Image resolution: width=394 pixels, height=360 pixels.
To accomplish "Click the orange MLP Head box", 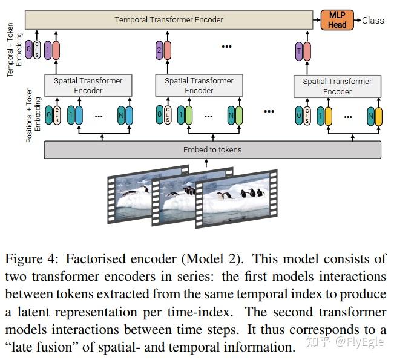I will pos(337,20).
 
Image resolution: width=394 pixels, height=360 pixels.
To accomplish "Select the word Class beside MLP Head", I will pos(373,20).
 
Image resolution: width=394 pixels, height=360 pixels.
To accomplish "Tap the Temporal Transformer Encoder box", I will pos(169,20).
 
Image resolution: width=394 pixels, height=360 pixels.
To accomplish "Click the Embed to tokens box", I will pos(212,149).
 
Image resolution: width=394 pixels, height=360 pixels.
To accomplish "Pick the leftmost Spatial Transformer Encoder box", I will pos(88,85).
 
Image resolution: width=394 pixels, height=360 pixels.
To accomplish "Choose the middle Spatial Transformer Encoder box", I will pos(199,85).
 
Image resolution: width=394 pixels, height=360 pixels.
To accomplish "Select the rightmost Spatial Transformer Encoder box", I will pos(337,86).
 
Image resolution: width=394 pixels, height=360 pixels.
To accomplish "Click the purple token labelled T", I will pos(298,51).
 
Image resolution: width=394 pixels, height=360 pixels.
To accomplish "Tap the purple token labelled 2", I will pos(159,51).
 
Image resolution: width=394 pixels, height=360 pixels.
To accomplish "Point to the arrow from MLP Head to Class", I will pos(356,20).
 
